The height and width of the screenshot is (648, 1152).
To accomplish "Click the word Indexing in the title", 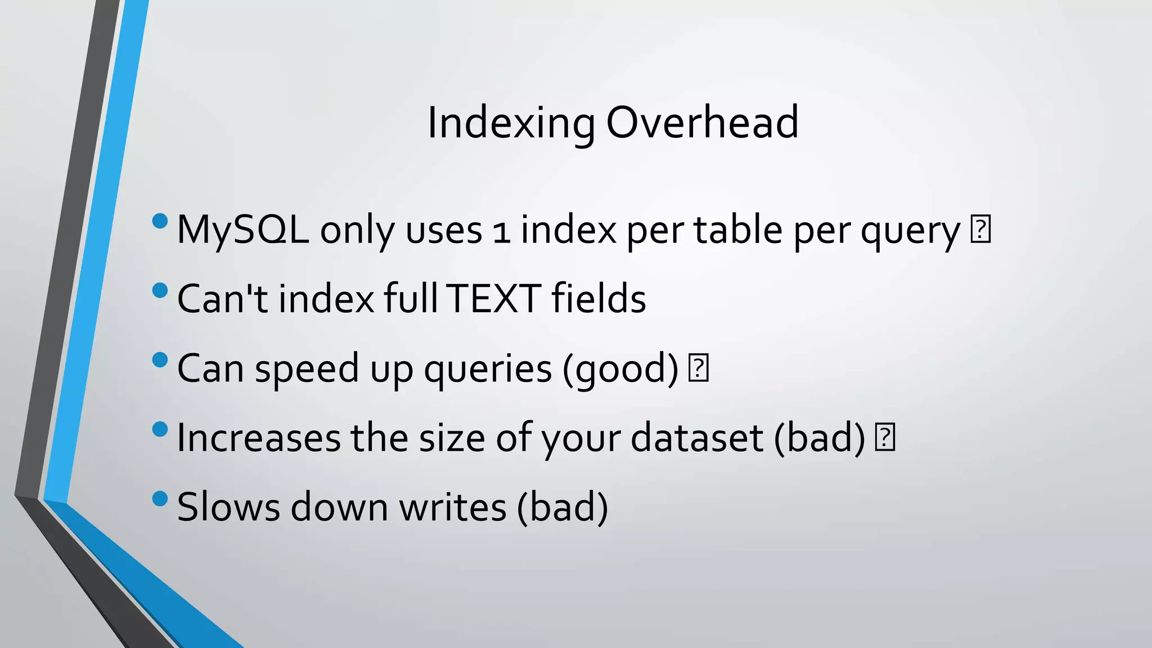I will [x=511, y=123].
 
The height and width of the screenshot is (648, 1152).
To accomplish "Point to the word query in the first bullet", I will [x=910, y=232].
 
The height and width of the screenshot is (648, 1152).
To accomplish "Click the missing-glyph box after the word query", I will [x=980, y=229].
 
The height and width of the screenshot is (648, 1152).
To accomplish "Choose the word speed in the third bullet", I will [x=307, y=369].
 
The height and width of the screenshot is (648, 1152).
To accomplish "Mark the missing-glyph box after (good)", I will [x=698, y=368].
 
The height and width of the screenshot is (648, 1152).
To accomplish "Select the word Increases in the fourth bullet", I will [x=259, y=438].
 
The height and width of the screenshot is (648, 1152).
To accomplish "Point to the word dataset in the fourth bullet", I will [x=697, y=438].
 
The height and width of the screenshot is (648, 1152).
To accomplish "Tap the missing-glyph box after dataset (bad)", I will [x=885, y=438].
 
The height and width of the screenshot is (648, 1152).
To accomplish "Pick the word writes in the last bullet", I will [x=453, y=507].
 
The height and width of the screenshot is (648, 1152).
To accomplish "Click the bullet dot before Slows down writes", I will [x=160, y=498].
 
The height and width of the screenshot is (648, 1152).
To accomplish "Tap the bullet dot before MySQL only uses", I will [x=160, y=221].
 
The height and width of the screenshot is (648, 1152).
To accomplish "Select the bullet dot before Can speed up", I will [x=160, y=359].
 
